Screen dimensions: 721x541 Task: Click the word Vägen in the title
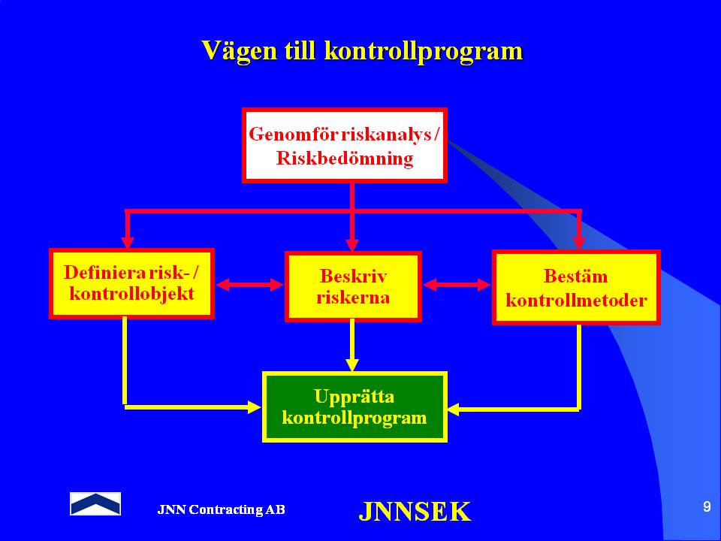239,52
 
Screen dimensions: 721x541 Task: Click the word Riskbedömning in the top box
345,159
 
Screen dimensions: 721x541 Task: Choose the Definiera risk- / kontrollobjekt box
131,283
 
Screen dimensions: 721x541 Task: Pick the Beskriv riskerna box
353,286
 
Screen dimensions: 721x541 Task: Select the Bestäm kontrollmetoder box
576,288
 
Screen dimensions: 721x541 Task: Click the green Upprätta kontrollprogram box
354,407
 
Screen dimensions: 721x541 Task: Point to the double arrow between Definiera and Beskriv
249,285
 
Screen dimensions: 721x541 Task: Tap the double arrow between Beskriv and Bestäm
457,285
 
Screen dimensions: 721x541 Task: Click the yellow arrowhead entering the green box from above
352,364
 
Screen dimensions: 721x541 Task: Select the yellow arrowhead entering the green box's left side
255,407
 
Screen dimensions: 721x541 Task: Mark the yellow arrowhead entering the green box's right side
454,409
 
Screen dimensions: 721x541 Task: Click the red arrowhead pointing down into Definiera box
128,243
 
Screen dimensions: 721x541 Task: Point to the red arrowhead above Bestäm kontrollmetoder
578,243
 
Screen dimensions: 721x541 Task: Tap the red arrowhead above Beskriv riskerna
352,244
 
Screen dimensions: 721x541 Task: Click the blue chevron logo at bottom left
95,503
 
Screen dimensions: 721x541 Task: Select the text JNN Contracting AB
221,509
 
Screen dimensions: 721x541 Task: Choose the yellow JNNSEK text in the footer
415,511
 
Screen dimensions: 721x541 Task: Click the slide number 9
707,506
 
